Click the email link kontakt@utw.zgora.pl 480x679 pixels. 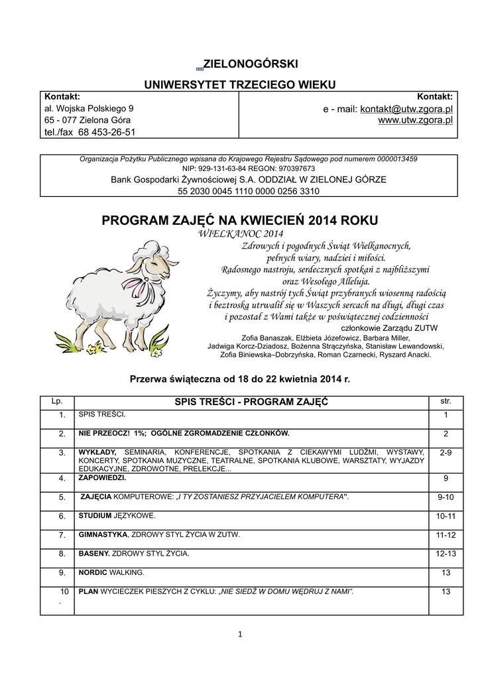click(x=406, y=109)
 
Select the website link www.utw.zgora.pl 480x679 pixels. click(x=415, y=121)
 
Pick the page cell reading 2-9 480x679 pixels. click(x=446, y=453)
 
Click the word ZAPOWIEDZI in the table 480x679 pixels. click(x=102, y=477)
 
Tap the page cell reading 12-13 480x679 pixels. click(x=446, y=553)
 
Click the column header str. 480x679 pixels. click(x=446, y=402)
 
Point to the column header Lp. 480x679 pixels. click(x=56, y=402)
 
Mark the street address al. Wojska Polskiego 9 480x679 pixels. click(x=89, y=108)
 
